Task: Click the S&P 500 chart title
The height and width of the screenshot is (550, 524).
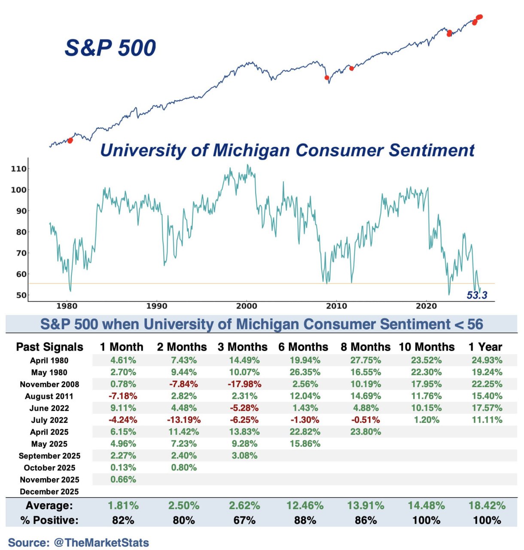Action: coord(110,47)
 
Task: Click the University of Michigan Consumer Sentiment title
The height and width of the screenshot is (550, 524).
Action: coord(287,150)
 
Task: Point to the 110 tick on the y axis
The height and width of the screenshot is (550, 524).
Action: coord(18,169)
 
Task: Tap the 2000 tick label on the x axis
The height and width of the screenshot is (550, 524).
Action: coord(247,306)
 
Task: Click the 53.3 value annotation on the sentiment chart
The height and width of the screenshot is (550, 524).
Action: coord(477,295)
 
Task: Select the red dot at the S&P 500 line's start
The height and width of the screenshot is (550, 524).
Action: coord(70,141)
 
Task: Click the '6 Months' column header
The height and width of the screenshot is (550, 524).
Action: coord(303,347)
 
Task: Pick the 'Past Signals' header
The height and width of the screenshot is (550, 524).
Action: coord(49,347)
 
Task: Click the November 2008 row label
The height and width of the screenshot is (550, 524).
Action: coord(49,384)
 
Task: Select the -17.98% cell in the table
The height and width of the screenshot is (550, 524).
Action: coord(244,384)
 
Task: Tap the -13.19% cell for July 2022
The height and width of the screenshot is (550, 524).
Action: coord(184,420)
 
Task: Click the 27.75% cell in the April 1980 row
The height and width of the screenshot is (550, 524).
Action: coord(366,361)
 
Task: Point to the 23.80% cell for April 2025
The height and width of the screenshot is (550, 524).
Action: coord(366,432)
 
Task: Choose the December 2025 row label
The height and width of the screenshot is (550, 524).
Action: coord(49,492)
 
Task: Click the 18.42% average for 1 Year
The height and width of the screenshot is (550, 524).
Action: coord(487,505)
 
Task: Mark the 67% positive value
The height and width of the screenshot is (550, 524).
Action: coord(244,520)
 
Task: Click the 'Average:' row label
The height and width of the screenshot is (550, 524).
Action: coord(49,505)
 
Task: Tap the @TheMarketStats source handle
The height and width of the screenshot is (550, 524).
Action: coord(101,543)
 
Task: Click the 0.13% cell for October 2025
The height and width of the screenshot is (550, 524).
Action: coord(123,467)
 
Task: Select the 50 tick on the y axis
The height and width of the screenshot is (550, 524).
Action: coord(21,295)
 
